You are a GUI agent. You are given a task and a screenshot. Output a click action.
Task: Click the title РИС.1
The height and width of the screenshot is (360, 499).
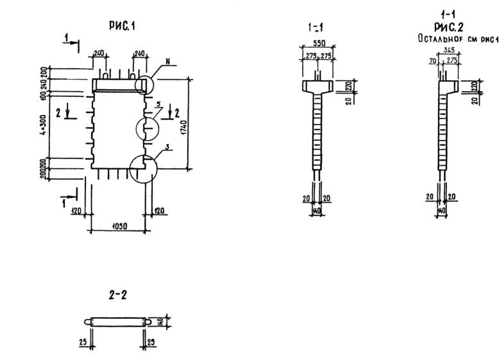point(122,26)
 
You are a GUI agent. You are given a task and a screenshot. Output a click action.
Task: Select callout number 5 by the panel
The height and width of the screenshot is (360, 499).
point(158,103)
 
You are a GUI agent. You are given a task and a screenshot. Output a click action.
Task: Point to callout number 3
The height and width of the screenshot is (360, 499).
point(166,148)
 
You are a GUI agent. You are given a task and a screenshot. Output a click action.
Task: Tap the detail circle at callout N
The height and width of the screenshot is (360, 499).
point(145,86)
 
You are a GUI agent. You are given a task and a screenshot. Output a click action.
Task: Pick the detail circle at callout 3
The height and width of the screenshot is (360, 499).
point(142,168)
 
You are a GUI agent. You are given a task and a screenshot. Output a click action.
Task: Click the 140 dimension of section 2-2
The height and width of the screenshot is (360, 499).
point(167,320)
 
